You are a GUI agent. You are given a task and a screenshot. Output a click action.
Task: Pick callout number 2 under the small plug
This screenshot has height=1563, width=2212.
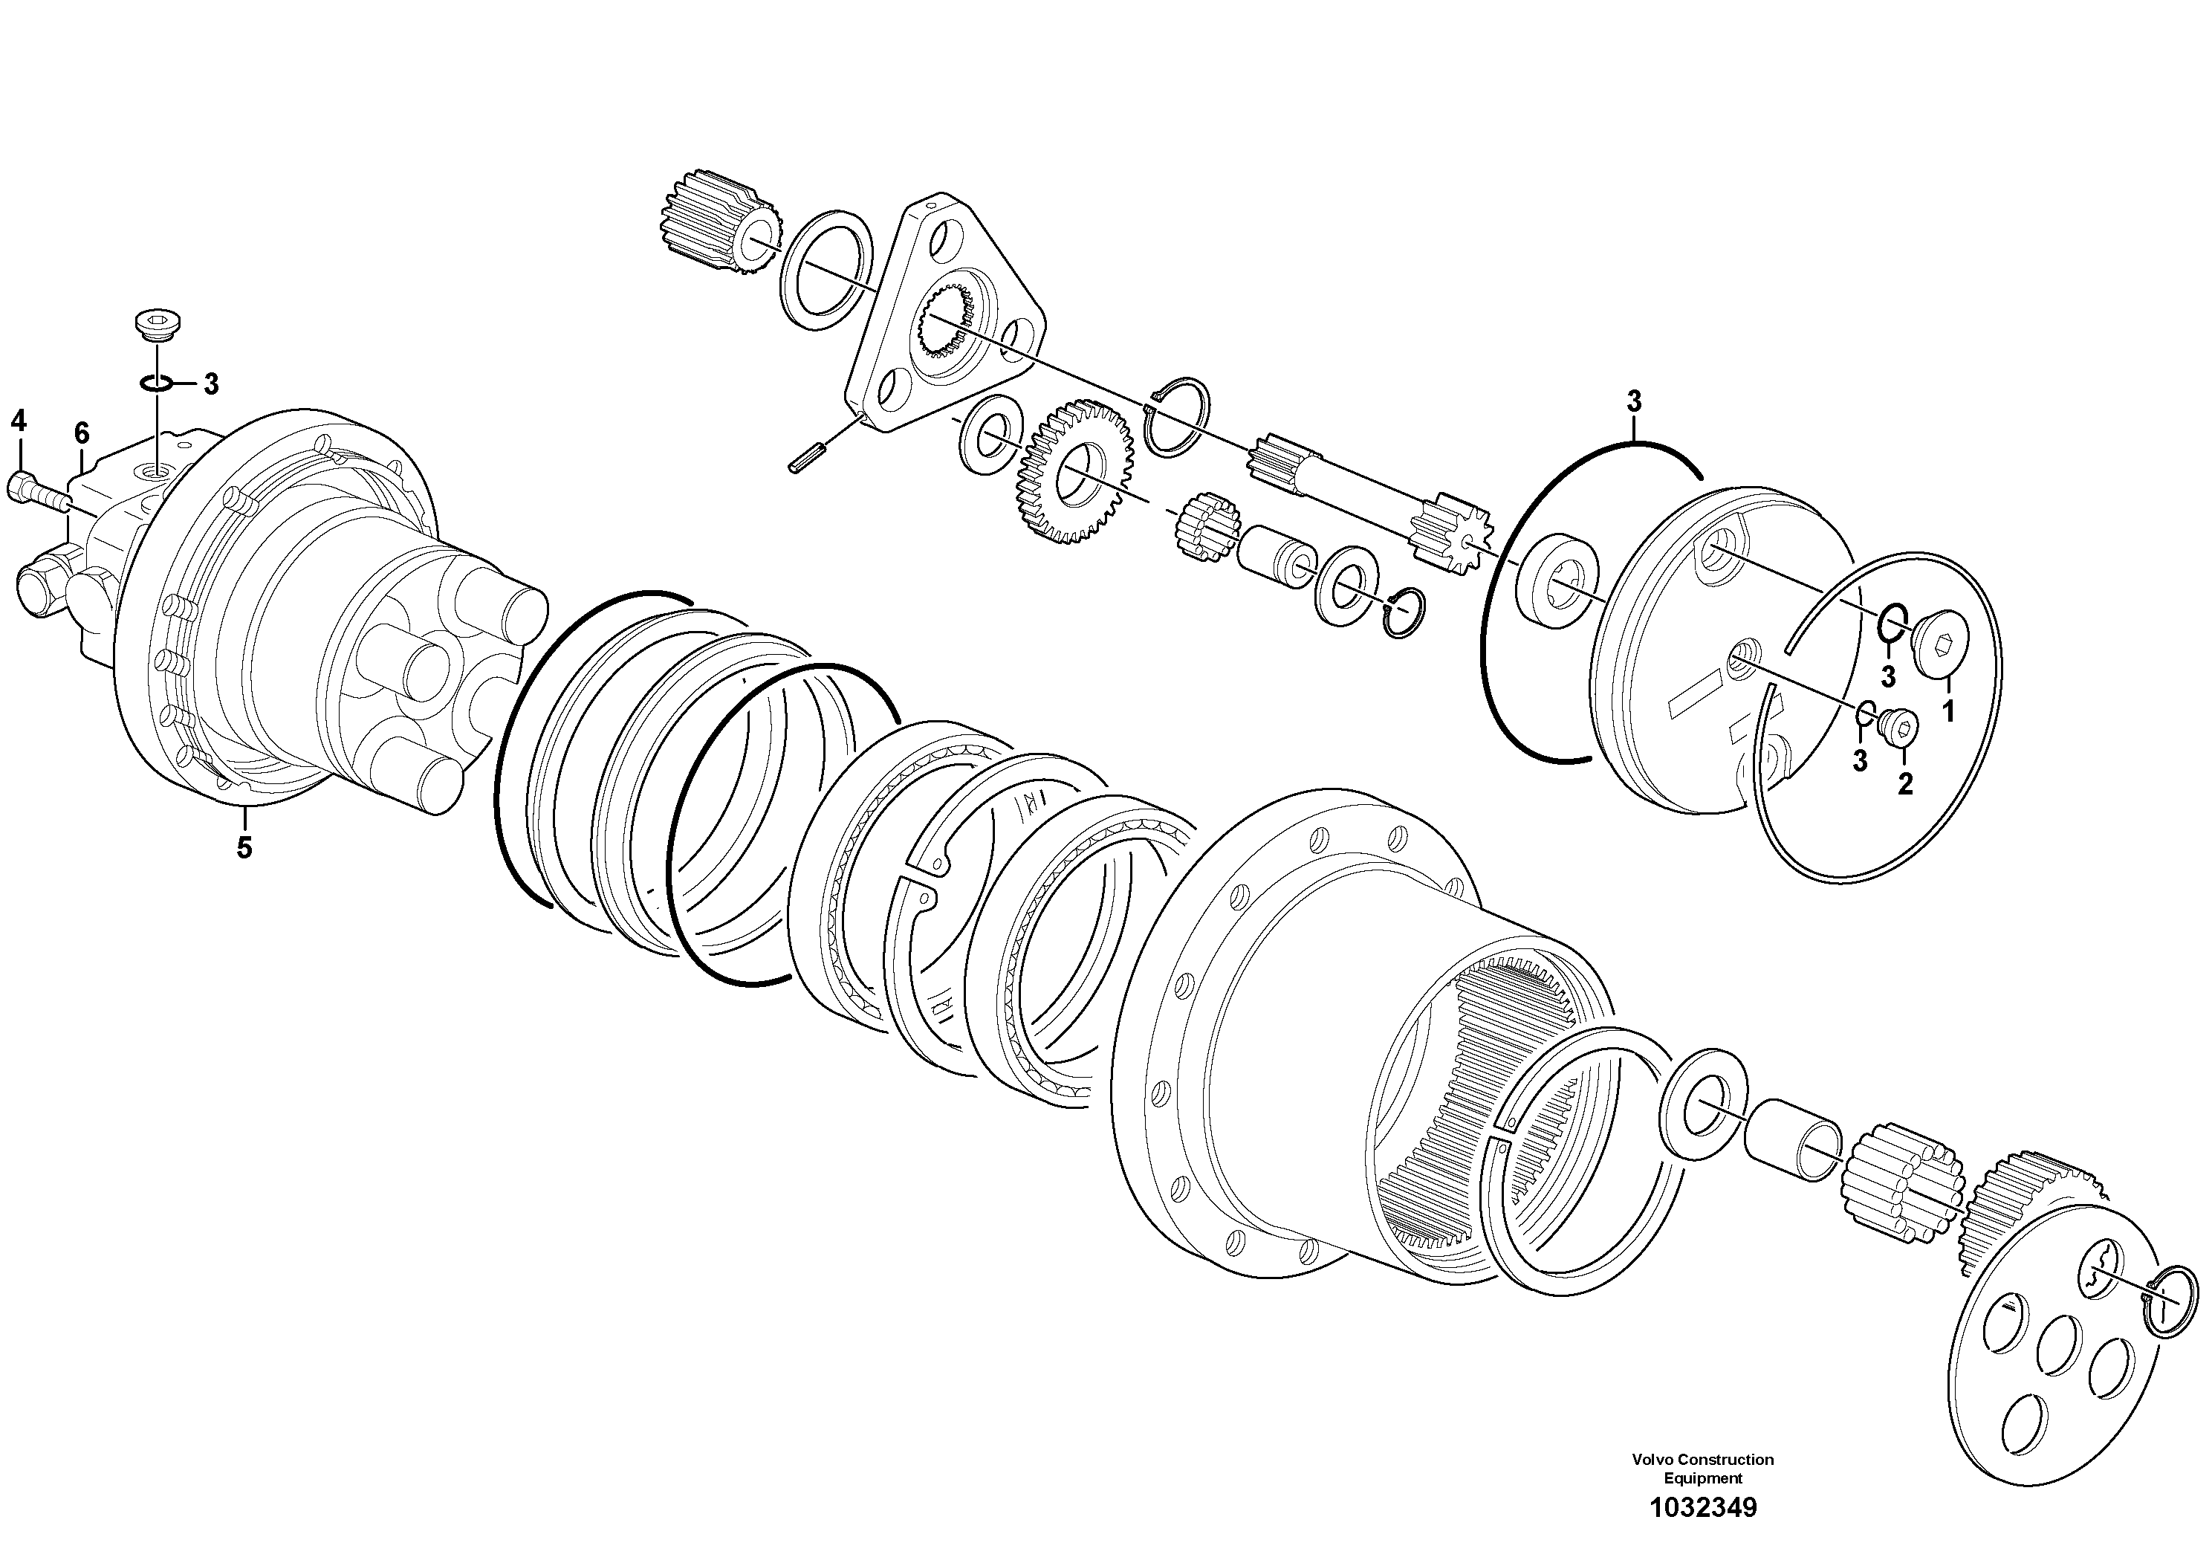pos(1904,783)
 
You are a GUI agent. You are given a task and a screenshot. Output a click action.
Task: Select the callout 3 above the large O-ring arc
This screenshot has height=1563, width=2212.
pos(1633,401)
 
